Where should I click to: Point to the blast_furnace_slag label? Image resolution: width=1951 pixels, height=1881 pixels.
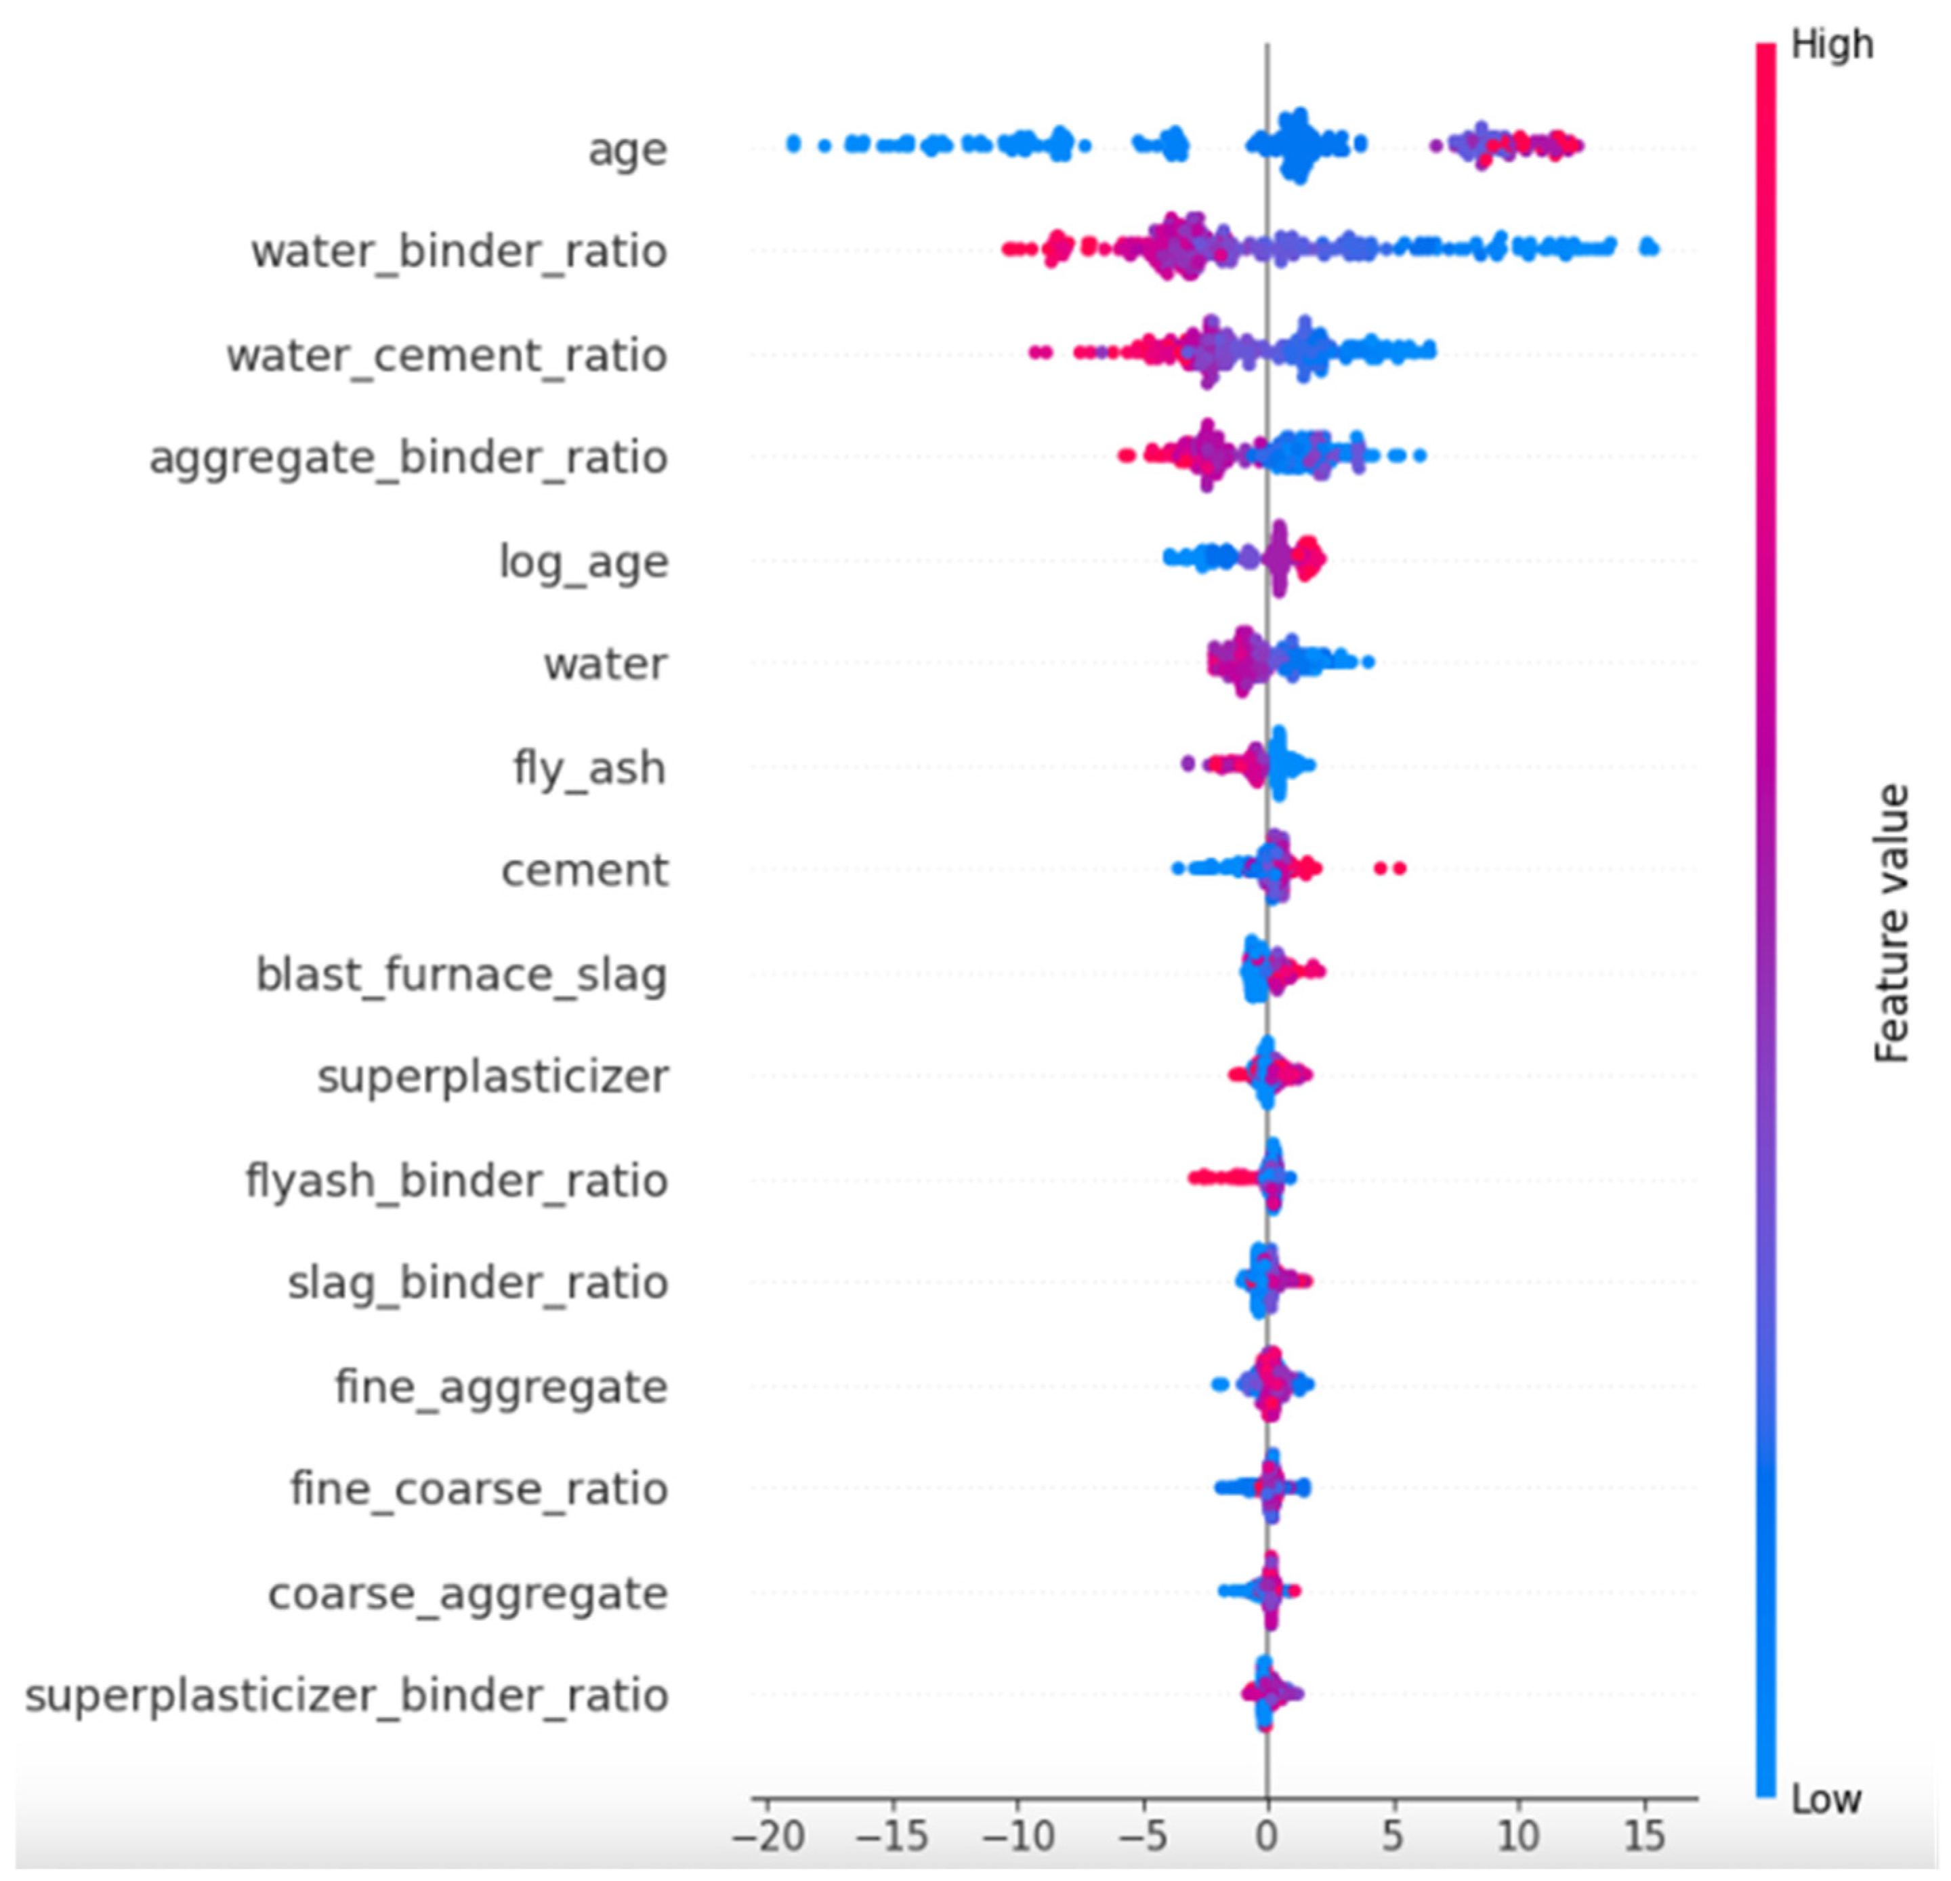coord(462,975)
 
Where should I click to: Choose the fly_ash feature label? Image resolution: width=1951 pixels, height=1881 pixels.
coord(589,769)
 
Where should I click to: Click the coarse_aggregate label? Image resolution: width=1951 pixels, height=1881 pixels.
coord(468,1593)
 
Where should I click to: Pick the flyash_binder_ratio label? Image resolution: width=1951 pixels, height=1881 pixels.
coord(457,1181)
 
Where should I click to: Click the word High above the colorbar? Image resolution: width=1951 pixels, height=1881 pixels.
coord(1832,45)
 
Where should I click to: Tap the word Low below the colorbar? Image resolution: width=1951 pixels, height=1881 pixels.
coord(1826,1800)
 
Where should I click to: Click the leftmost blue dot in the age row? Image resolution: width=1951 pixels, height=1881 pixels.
coord(793,144)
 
